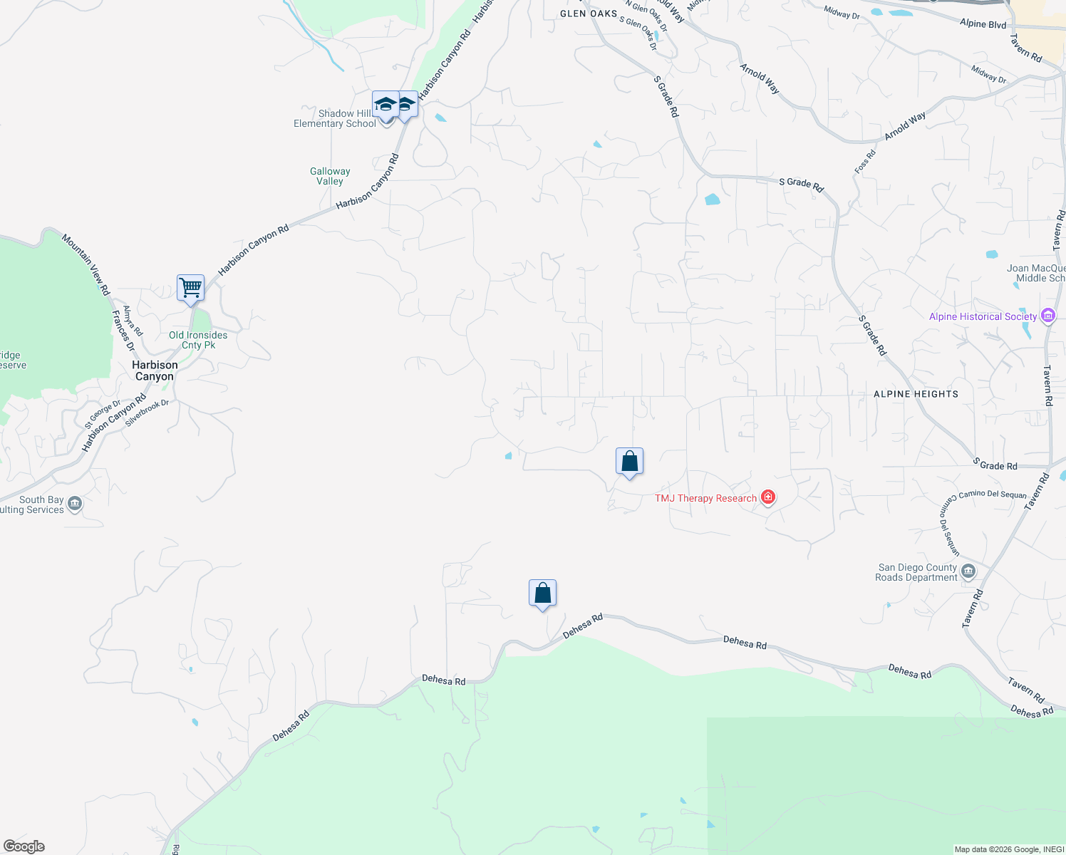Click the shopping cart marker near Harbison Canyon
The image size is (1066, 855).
[x=190, y=289]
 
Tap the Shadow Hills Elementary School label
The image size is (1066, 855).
[x=335, y=118]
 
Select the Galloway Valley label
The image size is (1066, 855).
[x=330, y=176]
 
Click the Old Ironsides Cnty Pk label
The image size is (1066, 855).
[x=198, y=340]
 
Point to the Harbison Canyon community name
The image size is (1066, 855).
[x=155, y=370]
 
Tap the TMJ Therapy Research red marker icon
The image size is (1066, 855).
[x=767, y=497]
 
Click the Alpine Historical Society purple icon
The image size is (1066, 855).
[x=1047, y=316]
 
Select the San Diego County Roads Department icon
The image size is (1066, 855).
[x=968, y=571]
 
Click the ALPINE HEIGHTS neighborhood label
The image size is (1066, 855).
[x=916, y=394]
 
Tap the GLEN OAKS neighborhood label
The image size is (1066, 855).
[x=589, y=14]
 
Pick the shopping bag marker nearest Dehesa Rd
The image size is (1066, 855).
[x=542, y=594]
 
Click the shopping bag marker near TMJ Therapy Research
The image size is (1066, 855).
[x=629, y=462]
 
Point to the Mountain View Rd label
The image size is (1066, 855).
[x=86, y=264]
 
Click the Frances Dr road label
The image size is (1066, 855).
[x=123, y=331]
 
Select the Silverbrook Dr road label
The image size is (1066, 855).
[x=147, y=413]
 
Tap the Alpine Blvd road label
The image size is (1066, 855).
[x=983, y=24]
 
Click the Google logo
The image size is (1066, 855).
[x=24, y=846]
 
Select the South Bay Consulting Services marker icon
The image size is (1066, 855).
[x=75, y=504]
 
